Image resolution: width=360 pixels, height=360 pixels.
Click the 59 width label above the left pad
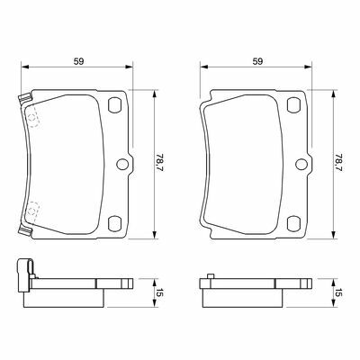pyautogui.click(x=78, y=61)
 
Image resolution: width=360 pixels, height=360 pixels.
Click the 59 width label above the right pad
pyautogui.click(x=257, y=61)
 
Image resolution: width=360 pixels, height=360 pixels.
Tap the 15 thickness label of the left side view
pyautogui.click(x=159, y=292)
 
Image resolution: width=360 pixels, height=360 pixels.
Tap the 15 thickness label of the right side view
pyautogui.click(x=338, y=292)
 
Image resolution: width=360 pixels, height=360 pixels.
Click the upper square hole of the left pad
pyautogui.click(x=114, y=105)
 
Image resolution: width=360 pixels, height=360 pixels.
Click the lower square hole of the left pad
pyautogui.click(x=114, y=224)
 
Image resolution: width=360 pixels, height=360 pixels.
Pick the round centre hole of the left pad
pyautogui.click(x=122, y=164)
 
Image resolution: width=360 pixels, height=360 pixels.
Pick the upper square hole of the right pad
pyautogui.click(x=293, y=105)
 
